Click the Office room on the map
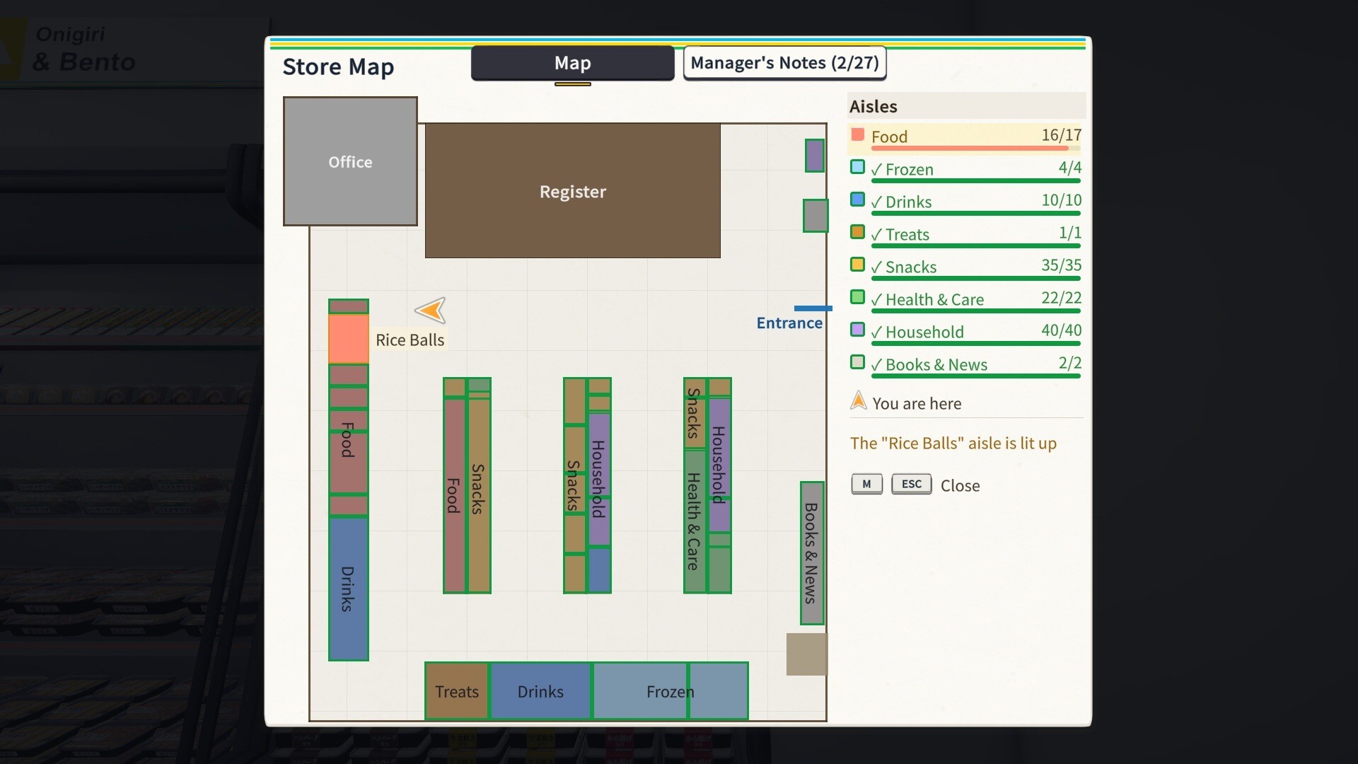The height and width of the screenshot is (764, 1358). point(350,161)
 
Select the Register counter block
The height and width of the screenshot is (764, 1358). point(572,191)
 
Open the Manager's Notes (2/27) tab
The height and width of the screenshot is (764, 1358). point(784,63)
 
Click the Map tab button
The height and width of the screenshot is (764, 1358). point(572,63)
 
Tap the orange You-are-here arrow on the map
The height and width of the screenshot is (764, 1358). point(431,310)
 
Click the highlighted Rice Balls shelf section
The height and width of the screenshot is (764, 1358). point(349,340)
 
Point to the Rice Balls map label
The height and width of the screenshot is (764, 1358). point(410,340)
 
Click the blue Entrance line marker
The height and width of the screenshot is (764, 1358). point(813,308)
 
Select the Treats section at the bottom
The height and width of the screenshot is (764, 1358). point(457,691)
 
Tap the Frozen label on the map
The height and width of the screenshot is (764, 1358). point(670,692)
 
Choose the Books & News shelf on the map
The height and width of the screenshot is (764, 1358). point(812,553)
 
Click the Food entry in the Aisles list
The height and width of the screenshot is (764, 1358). point(889,137)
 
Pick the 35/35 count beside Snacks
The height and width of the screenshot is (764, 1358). point(1061,265)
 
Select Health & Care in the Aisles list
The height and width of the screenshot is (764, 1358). point(934,300)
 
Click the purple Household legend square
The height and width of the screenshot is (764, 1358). point(857,330)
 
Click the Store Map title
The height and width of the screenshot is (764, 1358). point(338,67)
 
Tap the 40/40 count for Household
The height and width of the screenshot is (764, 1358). point(1061,330)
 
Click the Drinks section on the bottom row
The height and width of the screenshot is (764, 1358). point(540,691)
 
